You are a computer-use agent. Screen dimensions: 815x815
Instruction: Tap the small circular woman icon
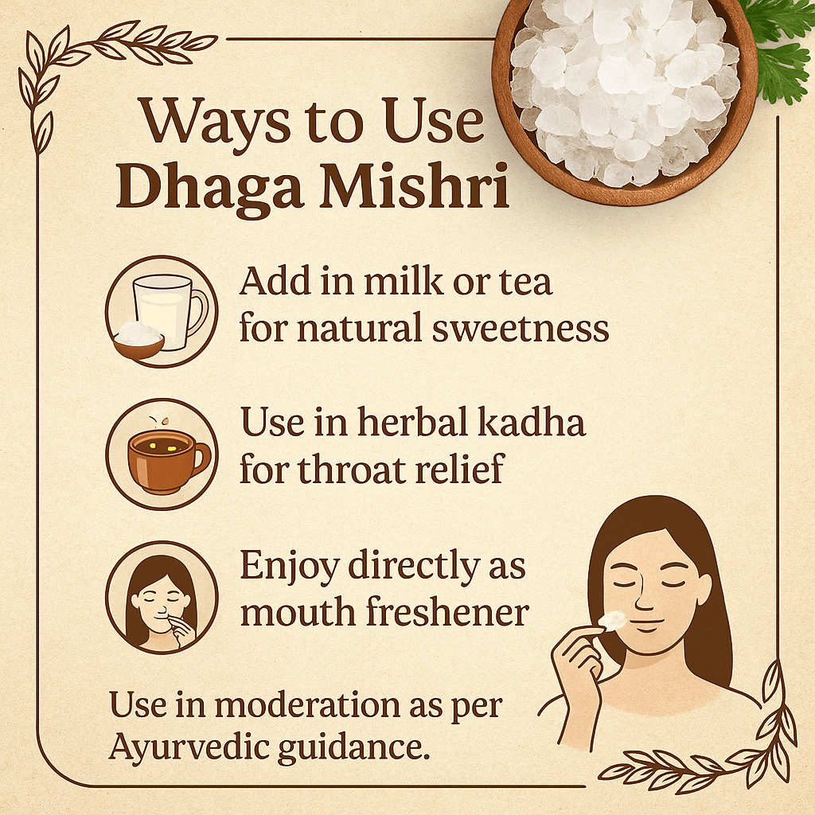pos(162,597)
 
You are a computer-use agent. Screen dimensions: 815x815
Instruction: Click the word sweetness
pos(521,329)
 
